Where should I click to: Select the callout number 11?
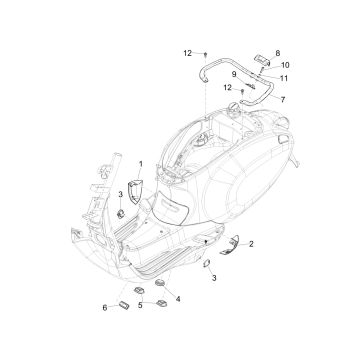pos(284,77)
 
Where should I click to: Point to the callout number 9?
pos(236,73)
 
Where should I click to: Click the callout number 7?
pos(282,100)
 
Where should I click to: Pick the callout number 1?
pos(140,162)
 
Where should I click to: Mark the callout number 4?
pos(179,298)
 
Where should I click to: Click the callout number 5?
pos(142,305)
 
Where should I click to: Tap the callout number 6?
pos(106,307)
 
